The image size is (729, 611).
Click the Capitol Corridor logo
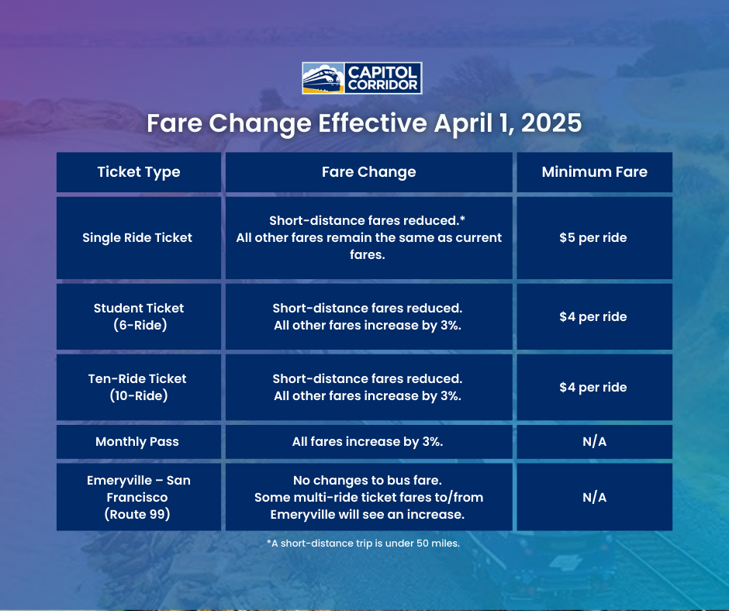(x=361, y=78)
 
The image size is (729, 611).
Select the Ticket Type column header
(x=139, y=172)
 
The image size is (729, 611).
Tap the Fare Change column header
(x=368, y=172)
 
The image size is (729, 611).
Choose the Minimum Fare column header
(x=594, y=172)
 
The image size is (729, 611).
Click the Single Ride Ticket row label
(x=137, y=237)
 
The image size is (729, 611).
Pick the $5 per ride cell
(x=593, y=237)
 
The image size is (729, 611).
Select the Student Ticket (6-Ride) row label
(x=139, y=316)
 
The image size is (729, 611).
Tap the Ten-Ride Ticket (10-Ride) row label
(x=137, y=387)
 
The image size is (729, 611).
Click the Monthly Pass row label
(x=137, y=441)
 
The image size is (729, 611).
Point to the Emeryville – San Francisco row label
(x=139, y=497)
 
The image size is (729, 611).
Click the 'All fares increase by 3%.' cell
(x=368, y=441)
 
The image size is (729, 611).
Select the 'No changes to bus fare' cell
(x=368, y=497)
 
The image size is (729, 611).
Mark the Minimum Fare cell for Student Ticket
(x=593, y=316)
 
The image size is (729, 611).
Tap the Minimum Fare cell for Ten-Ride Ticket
(x=593, y=387)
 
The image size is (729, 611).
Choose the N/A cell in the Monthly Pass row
(x=593, y=441)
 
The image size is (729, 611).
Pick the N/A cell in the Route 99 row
(x=593, y=497)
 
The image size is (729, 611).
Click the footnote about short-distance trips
(x=364, y=544)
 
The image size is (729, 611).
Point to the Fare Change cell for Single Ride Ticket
(x=368, y=237)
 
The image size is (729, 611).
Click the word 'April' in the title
(x=461, y=123)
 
